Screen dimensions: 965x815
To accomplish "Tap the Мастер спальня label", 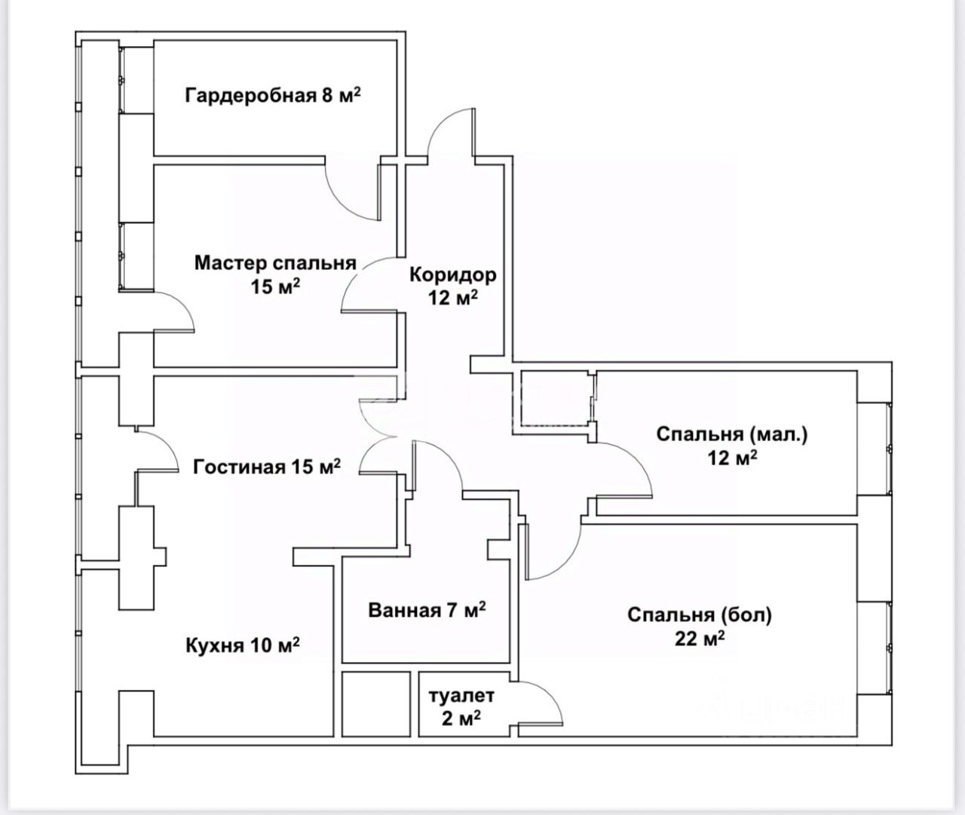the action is [274, 263].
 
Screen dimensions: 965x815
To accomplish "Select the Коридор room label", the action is [452, 274].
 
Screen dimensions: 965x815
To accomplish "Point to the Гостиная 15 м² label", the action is [267, 467].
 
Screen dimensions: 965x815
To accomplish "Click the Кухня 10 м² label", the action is [243, 645].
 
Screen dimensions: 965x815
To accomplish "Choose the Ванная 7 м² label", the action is [427, 609].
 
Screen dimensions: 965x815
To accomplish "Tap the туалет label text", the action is [461, 694].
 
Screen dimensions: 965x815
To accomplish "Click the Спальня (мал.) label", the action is [731, 434].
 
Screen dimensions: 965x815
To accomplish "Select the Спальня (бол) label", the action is [700, 615].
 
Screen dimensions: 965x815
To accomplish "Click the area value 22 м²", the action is [700, 639].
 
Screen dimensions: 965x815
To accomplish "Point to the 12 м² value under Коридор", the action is [453, 298].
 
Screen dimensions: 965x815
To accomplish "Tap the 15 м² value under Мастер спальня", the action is [276, 286].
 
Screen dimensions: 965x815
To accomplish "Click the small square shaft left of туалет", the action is [375, 703].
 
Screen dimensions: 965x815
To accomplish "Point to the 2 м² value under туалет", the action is [461, 718].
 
